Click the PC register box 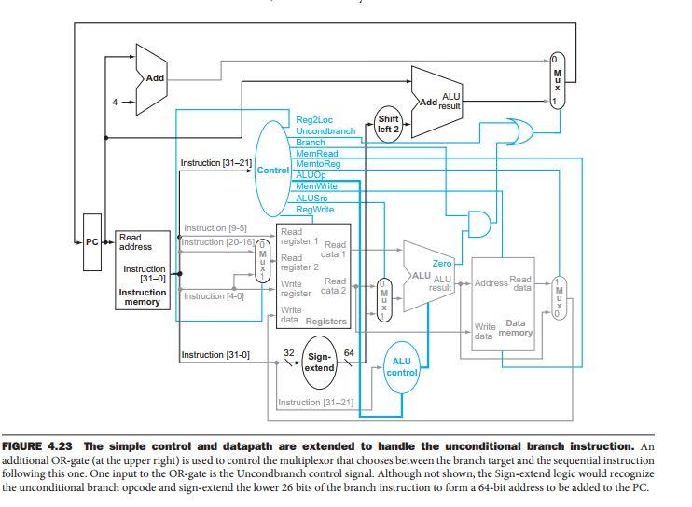[x=92, y=242]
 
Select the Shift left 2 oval [x=388, y=124]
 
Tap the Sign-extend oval [x=320, y=363]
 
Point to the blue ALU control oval [x=402, y=367]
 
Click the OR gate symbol [x=519, y=131]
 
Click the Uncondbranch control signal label [x=325, y=130]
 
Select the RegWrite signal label [x=314, y=210]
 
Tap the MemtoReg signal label [x=318, y=164]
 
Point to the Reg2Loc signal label [x=313, y=120]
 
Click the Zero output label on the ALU [x=442, y=263]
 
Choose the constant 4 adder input [x=115, y=103]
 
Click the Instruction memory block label [x=142, y=297]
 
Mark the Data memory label [x=515, y=328]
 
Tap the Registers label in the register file [x=326, y=321]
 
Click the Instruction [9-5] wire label [x=215, y=228]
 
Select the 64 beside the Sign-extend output [x=349, y=352]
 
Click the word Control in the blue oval [x=272, y=171]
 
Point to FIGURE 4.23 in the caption [x=37, y=446]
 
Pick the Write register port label [x=296, y=288]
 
